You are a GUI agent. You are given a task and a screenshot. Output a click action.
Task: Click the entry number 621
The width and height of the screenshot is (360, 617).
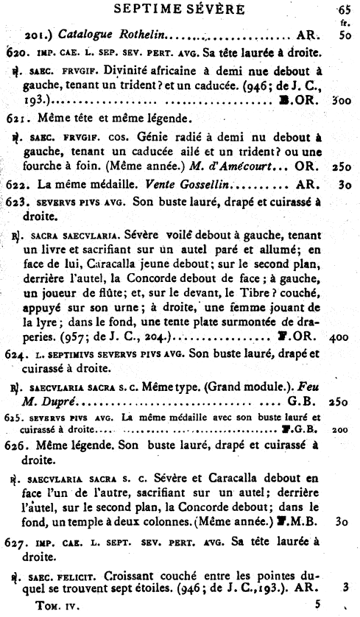pos(16,117)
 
